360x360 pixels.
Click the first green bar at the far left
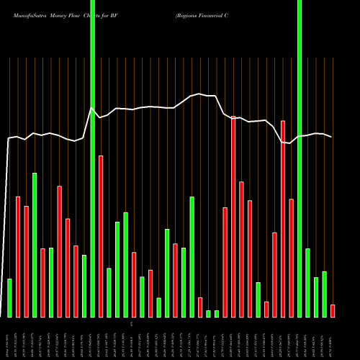10,297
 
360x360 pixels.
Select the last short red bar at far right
333,310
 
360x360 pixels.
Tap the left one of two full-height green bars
92,158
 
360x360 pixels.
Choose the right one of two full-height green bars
300,158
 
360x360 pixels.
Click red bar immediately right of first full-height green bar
101,236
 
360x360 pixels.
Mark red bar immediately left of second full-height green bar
291,258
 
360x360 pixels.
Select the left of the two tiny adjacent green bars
208,313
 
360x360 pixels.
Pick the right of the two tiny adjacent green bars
217,313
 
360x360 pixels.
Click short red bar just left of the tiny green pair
200,307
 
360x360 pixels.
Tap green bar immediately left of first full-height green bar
84,286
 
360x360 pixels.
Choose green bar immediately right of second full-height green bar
307,282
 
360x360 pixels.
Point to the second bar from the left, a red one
18,256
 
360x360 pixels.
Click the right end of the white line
332,137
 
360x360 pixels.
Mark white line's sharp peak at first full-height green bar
91,109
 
